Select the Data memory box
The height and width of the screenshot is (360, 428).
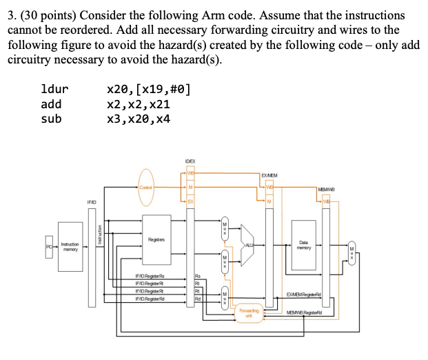(x=303, y=243)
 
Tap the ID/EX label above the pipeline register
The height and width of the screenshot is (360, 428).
(x=192, y=161)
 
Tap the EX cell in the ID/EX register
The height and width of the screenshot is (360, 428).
(x=191, y=201)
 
